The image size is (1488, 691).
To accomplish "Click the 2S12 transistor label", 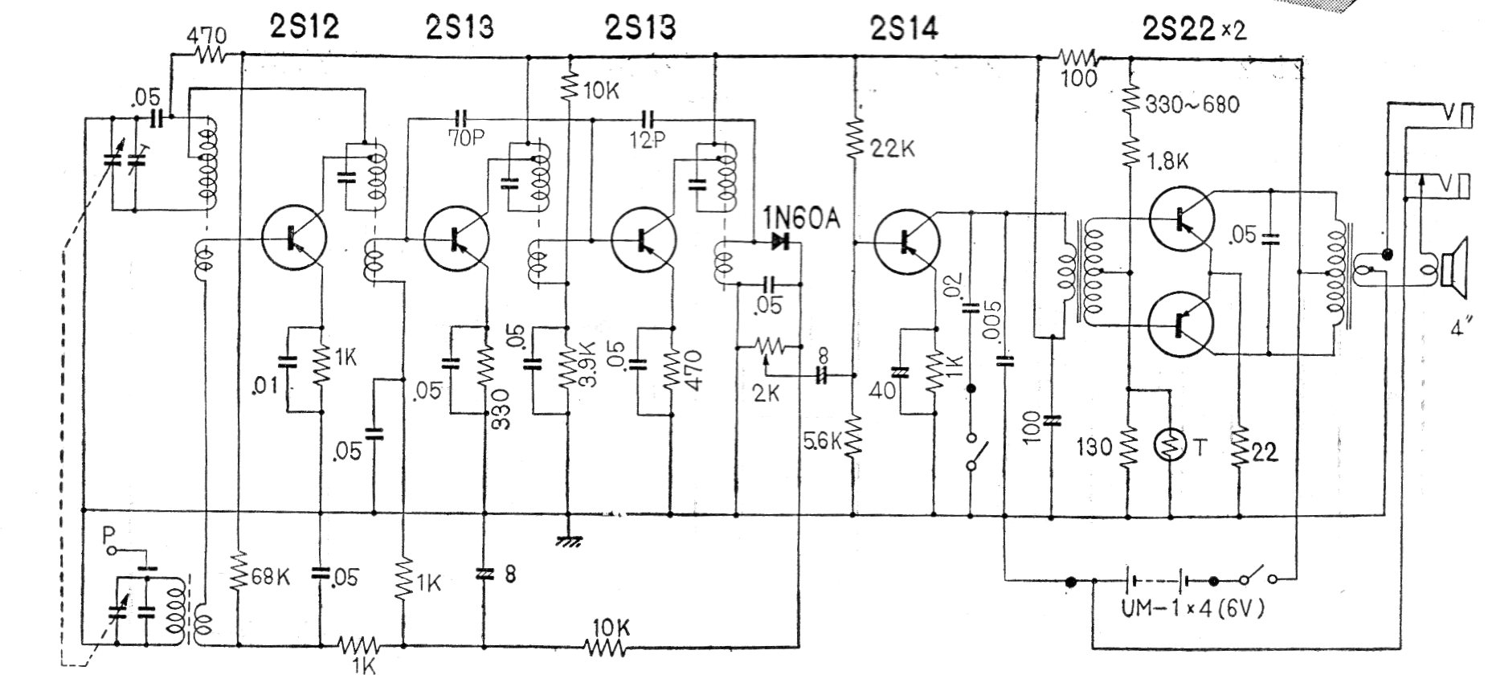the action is tap(302, 27).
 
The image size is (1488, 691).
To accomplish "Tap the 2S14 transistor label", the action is tap(903, 28).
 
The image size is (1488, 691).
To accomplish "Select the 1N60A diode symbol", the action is tap(779, 240).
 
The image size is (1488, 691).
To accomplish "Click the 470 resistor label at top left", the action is tap(206, 36).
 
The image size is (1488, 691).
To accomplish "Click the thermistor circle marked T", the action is tap(1170, 446).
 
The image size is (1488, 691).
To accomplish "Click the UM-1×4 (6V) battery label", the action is tap(1193, 608).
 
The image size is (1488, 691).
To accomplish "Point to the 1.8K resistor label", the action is tap(1167, 161).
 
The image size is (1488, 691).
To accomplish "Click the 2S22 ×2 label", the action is tap(1194, 29).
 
